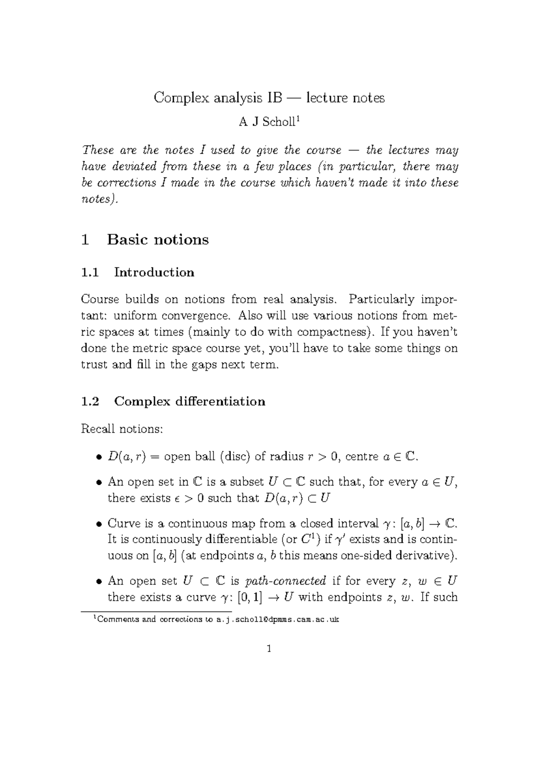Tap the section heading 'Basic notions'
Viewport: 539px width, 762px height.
tap(158, 239)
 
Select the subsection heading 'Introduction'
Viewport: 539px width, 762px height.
tap(154, 272)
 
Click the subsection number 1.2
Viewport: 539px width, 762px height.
tap(90, 401)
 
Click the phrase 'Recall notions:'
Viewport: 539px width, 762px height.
tap(121, 429)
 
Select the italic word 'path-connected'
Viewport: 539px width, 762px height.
tap(286, 581)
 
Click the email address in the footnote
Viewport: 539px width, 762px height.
tap(278, 620)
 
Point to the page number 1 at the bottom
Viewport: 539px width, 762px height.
tap(269, 649)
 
